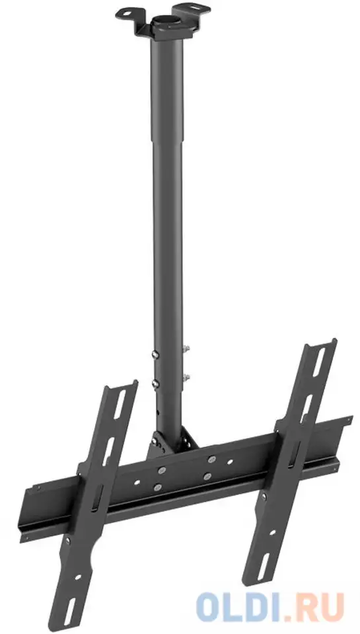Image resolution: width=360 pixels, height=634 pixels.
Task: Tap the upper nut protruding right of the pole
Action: [187, 348]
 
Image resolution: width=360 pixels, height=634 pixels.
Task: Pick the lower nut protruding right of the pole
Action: [187, 377]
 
